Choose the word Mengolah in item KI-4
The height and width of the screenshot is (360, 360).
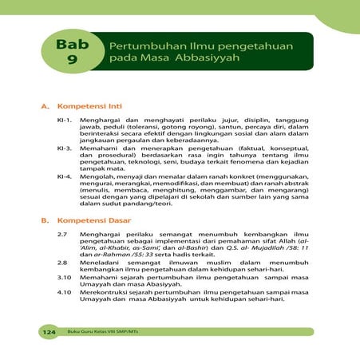tap(96, 176)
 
